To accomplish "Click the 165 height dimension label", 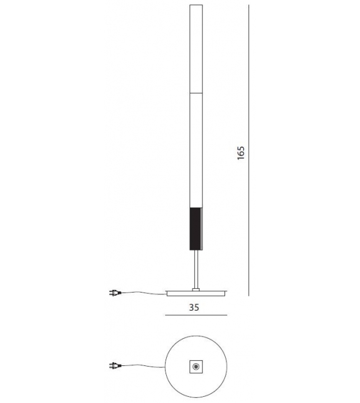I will coord(241,154).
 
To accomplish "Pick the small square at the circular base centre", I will coord(197,367).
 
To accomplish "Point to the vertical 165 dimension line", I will coord(250,94).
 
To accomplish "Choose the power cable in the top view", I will coord(141,368).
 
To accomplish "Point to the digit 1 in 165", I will coord(241,160).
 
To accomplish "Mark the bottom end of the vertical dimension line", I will coord(250,294).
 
